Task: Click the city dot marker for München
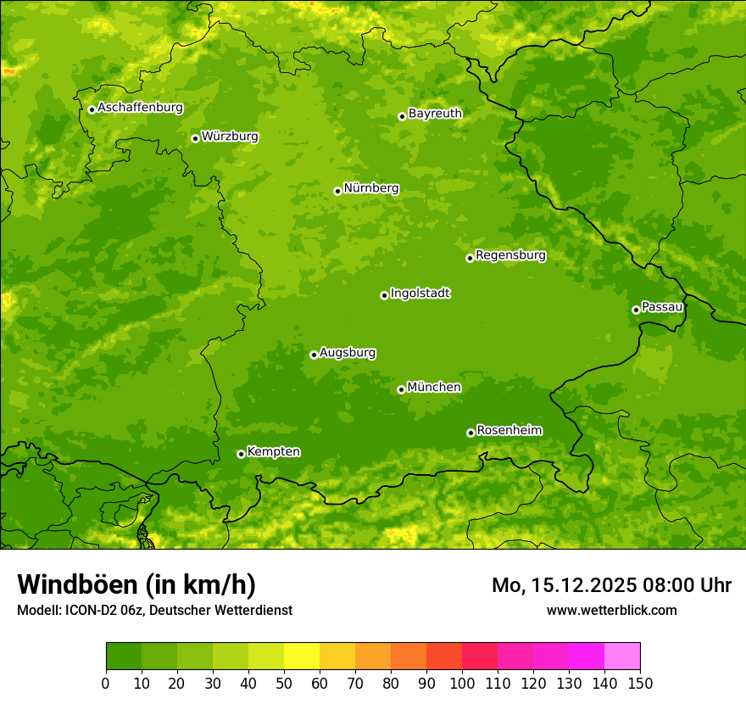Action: [401, 389]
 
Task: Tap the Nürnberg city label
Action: [371, 188]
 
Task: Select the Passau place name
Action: [662, 307]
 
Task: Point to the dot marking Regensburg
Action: [470, 258]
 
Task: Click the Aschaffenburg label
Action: [140, 108]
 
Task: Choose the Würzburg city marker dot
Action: [195, 138]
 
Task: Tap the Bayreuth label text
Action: [435, 114]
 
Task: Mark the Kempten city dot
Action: [241, 454]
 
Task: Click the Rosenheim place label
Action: [509, 430]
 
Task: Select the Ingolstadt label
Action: [420, 293]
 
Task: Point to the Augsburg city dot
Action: [314, 355]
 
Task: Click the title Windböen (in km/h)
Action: [136, 584]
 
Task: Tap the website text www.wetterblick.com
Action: [611, 610]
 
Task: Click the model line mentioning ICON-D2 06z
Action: [154, 610]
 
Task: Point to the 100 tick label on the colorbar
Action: [462, 683]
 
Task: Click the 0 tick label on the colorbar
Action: [106, 683]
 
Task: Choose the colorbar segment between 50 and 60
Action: [302, 656]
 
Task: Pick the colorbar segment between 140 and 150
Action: [622, 656]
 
